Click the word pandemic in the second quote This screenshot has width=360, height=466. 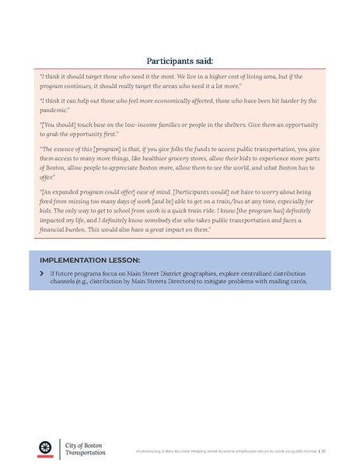point(54,110)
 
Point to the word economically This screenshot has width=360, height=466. point(177,101)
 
